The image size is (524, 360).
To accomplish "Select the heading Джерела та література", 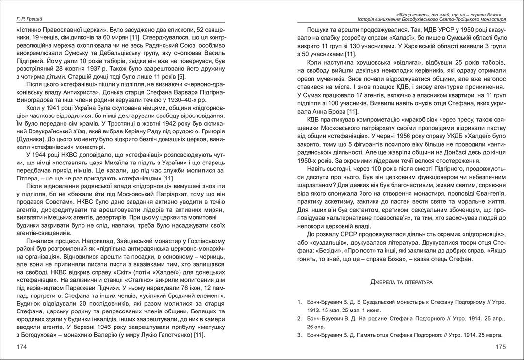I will point(402,281).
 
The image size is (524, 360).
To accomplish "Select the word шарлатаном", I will point(317,185).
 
